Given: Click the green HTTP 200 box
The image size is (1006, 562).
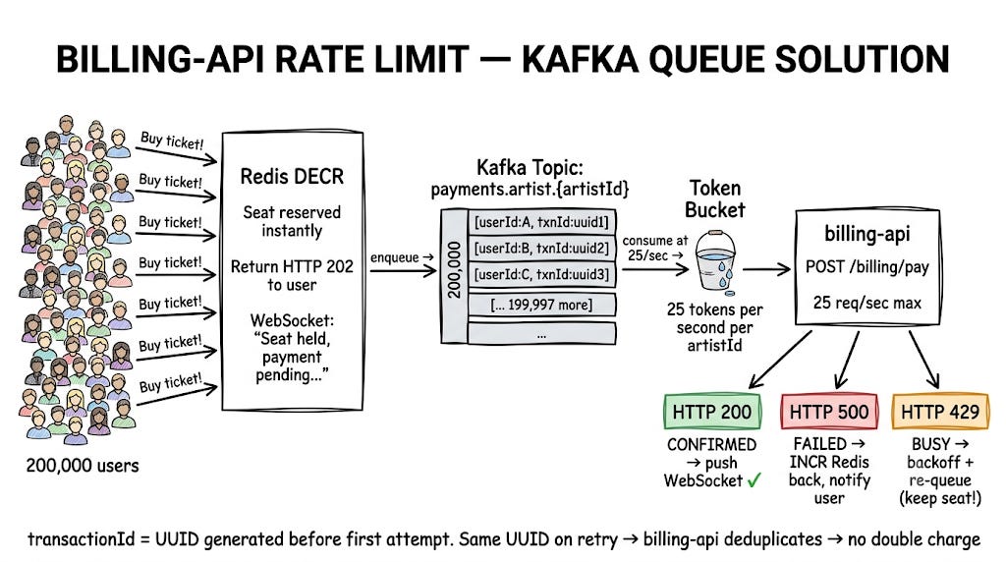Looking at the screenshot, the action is tap(712, 412).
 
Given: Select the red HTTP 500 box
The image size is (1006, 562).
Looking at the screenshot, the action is tap(829, 412).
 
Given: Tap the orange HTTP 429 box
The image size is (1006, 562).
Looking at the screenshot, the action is tap(940, 412).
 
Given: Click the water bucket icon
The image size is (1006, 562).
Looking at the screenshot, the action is tap(715, 261).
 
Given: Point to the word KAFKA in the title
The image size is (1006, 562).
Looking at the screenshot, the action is tap(579, 60).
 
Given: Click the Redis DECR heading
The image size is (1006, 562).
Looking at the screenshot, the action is tap(292, 177).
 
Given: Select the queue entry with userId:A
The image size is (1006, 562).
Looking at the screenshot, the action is tap(541, 223).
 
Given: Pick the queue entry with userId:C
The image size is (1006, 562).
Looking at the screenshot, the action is tap(541, 274).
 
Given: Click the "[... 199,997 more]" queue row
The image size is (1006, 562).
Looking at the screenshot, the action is tap(541, 305).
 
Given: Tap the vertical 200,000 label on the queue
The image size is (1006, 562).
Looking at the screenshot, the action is tap(454, 269).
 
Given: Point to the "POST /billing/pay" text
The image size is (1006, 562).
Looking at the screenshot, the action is tap(866, 267).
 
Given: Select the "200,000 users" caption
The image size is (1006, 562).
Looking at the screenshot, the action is tap(83, 465).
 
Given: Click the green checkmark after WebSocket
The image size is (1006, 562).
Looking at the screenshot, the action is tap(754, 479).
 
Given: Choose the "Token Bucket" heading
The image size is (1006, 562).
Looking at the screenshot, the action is tap(715, 198).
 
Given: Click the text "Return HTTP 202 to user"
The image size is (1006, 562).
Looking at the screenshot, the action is tap(292, 275).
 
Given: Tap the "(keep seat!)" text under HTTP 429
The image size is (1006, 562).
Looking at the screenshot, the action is tap(940, 498).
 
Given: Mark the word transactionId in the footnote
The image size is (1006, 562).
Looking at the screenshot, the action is tap(81, 538).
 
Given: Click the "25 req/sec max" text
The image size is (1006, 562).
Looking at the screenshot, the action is tap(866, 303).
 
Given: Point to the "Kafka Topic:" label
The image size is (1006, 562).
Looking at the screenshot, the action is tap(530, 168).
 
